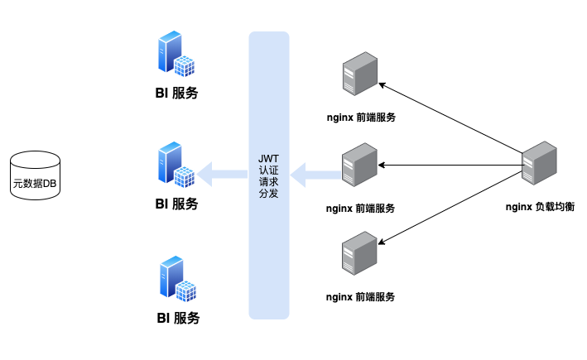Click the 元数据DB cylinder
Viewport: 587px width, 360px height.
(35, 175)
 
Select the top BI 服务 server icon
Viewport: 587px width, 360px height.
(176, 54)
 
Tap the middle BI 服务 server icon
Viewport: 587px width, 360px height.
(176, 165)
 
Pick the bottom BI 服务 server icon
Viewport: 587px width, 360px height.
(178, 279)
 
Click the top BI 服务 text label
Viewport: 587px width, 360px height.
(176, 93)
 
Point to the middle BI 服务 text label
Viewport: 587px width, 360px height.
(176, 204)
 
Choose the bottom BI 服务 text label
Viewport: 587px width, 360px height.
(178, 318)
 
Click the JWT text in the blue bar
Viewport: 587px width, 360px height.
(268, 159)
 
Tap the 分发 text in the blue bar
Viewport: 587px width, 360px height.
(268, 194)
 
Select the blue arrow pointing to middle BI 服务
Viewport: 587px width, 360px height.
(222, 175)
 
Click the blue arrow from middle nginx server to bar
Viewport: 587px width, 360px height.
(316, 175)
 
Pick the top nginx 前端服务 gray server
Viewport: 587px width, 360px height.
(360, 74)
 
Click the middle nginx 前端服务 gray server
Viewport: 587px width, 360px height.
(359, 165)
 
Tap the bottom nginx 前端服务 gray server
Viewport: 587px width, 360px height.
(359, 253)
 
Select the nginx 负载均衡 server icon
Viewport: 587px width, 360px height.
(540, 163)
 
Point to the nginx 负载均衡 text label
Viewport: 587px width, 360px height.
(540, 207)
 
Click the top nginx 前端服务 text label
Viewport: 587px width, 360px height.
(361, 118)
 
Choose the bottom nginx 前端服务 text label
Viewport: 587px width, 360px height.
(360, 297)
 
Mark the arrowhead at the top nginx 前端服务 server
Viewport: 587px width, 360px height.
(382, 85)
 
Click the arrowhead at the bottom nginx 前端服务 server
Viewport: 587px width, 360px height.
(382, 242)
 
